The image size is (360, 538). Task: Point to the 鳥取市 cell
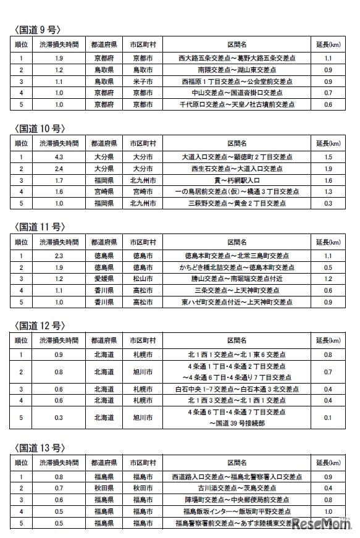pos(143,70)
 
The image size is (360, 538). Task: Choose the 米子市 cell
pos(143,81)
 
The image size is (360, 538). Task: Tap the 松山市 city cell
pos(143,279)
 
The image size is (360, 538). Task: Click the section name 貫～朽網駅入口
pos(237,180)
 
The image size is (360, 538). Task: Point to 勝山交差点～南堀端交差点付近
pos(237,279)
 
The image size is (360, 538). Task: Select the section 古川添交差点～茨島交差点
pos(237,488)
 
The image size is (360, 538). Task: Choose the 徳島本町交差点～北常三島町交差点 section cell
pos(237,256)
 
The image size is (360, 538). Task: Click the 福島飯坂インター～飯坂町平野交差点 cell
pos(237,511)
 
